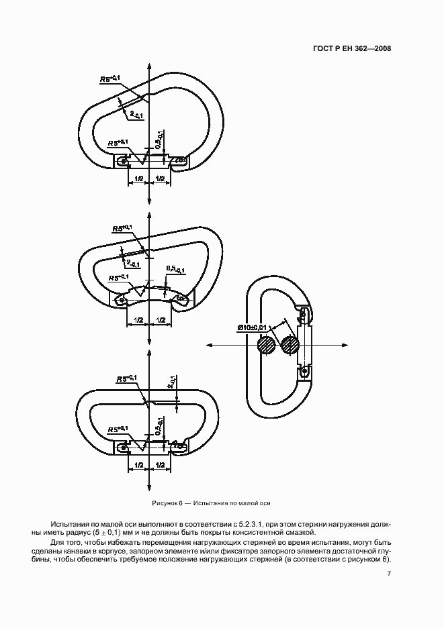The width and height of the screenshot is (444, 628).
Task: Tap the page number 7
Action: coord(388,574)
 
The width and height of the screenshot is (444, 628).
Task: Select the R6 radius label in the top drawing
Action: coord(109,78)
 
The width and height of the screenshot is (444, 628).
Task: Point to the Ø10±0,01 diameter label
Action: coord(252,328)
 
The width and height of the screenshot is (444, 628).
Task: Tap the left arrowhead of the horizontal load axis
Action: coord(210,346)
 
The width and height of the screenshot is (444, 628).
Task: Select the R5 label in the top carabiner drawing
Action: coord(118,143)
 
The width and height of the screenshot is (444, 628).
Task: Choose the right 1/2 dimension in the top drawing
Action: coord(160,178)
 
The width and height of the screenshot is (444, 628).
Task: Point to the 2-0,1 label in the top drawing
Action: coord(137,115)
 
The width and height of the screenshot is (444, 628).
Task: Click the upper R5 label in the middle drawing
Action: coord(122,228)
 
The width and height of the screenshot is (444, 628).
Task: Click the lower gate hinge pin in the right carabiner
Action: coord(305,372)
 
